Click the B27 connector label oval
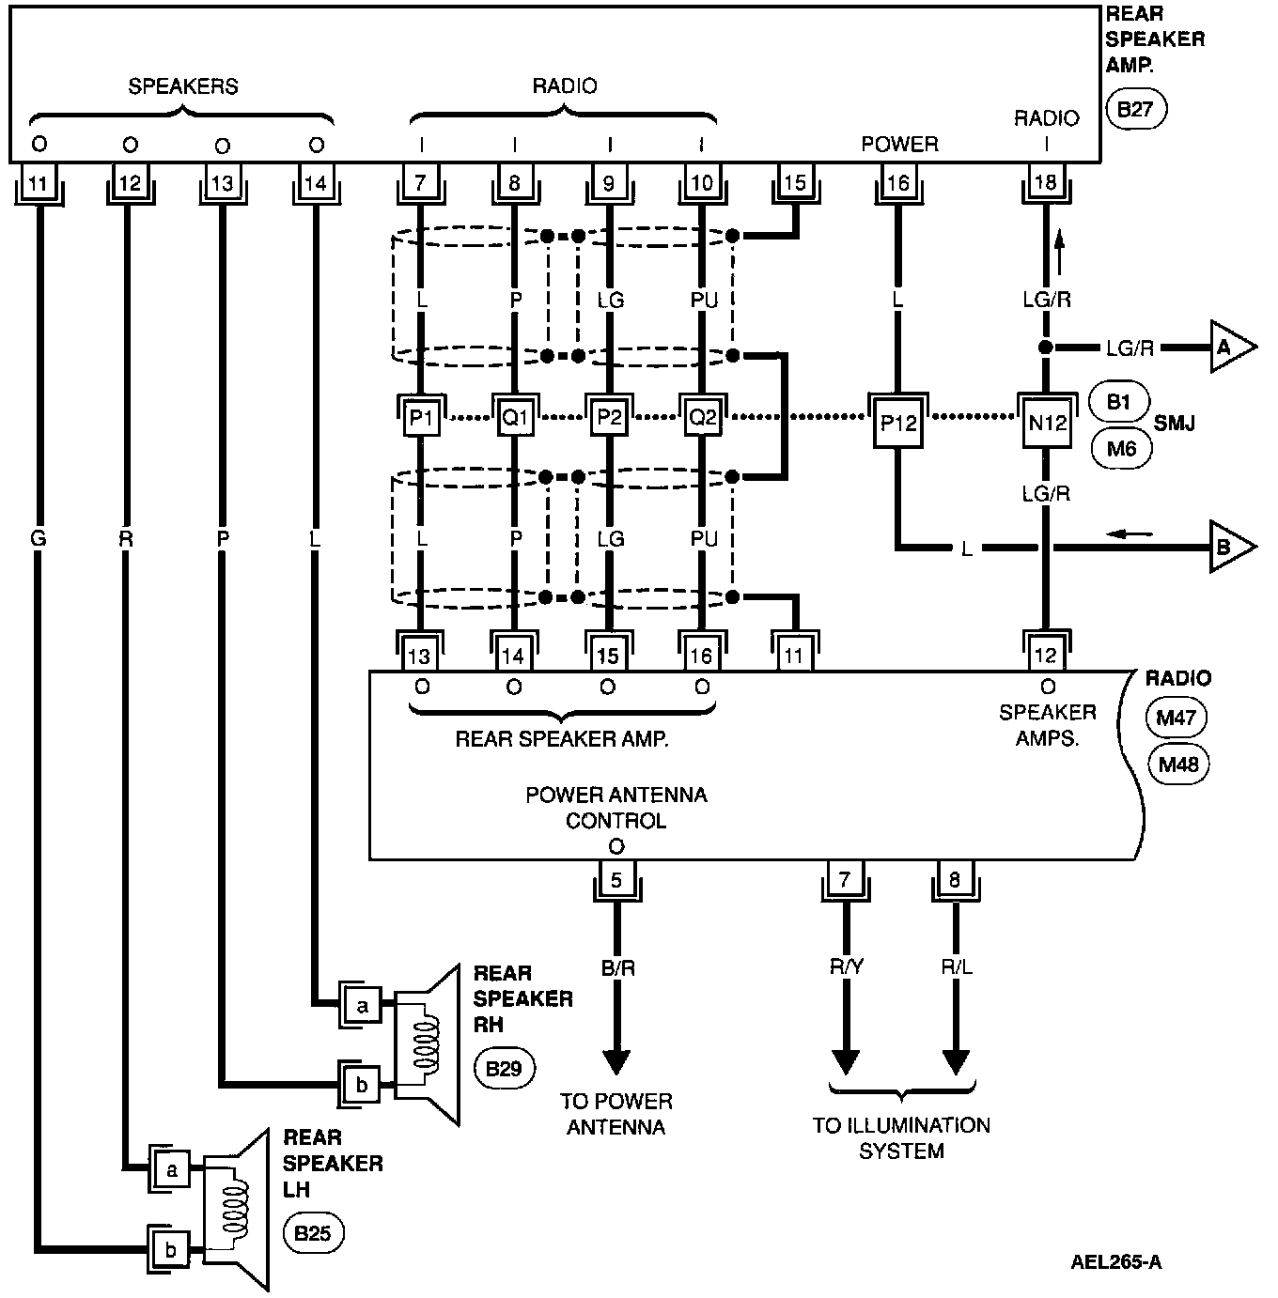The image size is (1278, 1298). tap(1136, 109)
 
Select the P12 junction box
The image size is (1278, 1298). tap(898, 423)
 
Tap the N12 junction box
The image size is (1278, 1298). tap(1047, 423)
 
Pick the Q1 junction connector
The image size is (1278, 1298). tap(514, 417)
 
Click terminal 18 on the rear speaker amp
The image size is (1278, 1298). tap(1045, 182)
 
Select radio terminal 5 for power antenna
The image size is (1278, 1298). tap(616, 880)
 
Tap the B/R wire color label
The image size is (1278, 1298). tap(616, 968)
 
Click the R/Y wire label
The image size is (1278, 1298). tap(846, 968)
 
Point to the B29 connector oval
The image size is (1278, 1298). tap(505, 1068)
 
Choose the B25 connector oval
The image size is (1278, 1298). tap(313, 1232)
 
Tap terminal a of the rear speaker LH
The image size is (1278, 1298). tap(171, 1170)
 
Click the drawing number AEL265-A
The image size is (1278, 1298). tap(1115, 1261)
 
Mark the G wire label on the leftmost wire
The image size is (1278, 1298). tap(39, 539)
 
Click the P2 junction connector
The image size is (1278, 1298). tap(609, 417)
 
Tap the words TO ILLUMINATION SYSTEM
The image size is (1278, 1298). tap(901, 1137)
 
